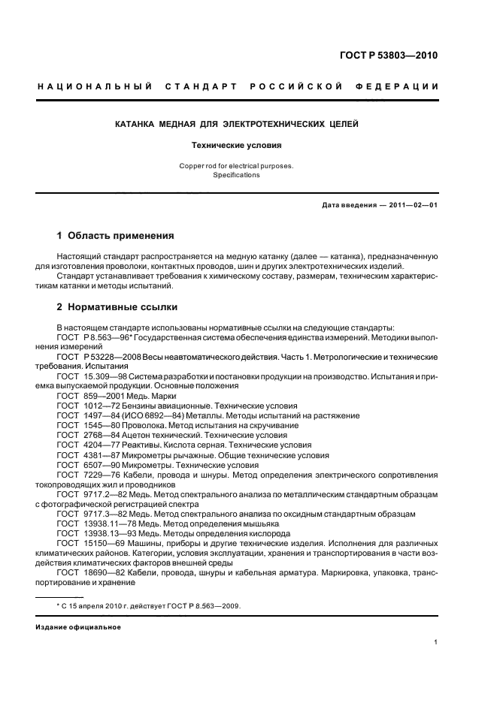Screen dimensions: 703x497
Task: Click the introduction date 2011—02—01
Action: point(411,205)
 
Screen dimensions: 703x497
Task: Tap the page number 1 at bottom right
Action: point(436,642)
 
